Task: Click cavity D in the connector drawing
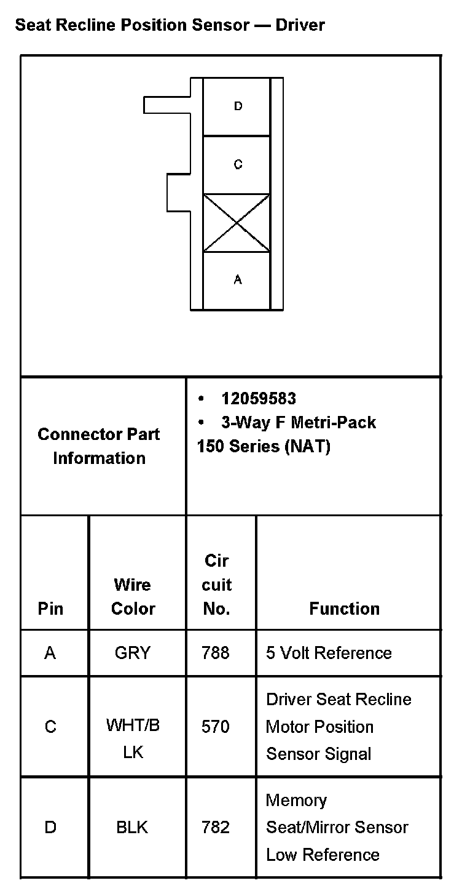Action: tap(237, 106)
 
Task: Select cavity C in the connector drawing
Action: tap(237, 164)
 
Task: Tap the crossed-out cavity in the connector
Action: tap(237, 223)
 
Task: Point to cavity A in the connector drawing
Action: tap(237, 280)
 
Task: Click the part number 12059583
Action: tap(259, 399)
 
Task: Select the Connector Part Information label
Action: tap(99, 446)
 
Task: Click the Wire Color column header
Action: tap(133, 596)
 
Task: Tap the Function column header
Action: tap(344, 609)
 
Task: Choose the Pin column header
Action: tap(50, 609)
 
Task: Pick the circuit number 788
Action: tap(216, 652)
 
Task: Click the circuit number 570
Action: tap(216, 727)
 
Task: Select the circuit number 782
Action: tap(216, 828)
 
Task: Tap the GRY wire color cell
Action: tap(133, 652)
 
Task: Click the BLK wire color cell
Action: tap(133, 828)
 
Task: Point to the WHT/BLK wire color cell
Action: tap(133, 738)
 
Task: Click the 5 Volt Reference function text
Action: tap(329, 652)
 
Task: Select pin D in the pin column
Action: tap(50, 828)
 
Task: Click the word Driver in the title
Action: tap(300, 25)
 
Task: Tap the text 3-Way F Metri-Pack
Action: tap(299, 423)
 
